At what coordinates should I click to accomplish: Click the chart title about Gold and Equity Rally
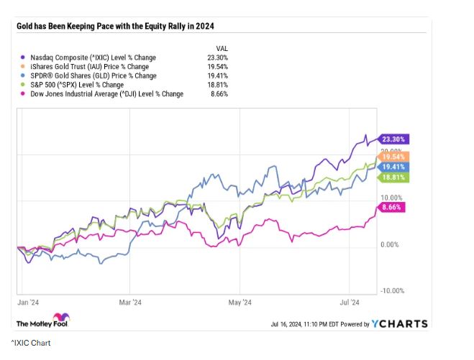click(x=115, y=27)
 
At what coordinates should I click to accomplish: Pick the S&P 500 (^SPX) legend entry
click(x=79, y=85)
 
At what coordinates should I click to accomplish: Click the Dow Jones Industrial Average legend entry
click(x=104, y=94)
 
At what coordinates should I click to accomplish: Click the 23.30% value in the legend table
click(x=217, y=57)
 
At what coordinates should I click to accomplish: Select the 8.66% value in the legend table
click(x=219, y=94)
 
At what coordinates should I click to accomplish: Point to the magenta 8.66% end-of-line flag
click(x=392, y=207)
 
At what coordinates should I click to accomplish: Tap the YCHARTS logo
click(x=400, y=324)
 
